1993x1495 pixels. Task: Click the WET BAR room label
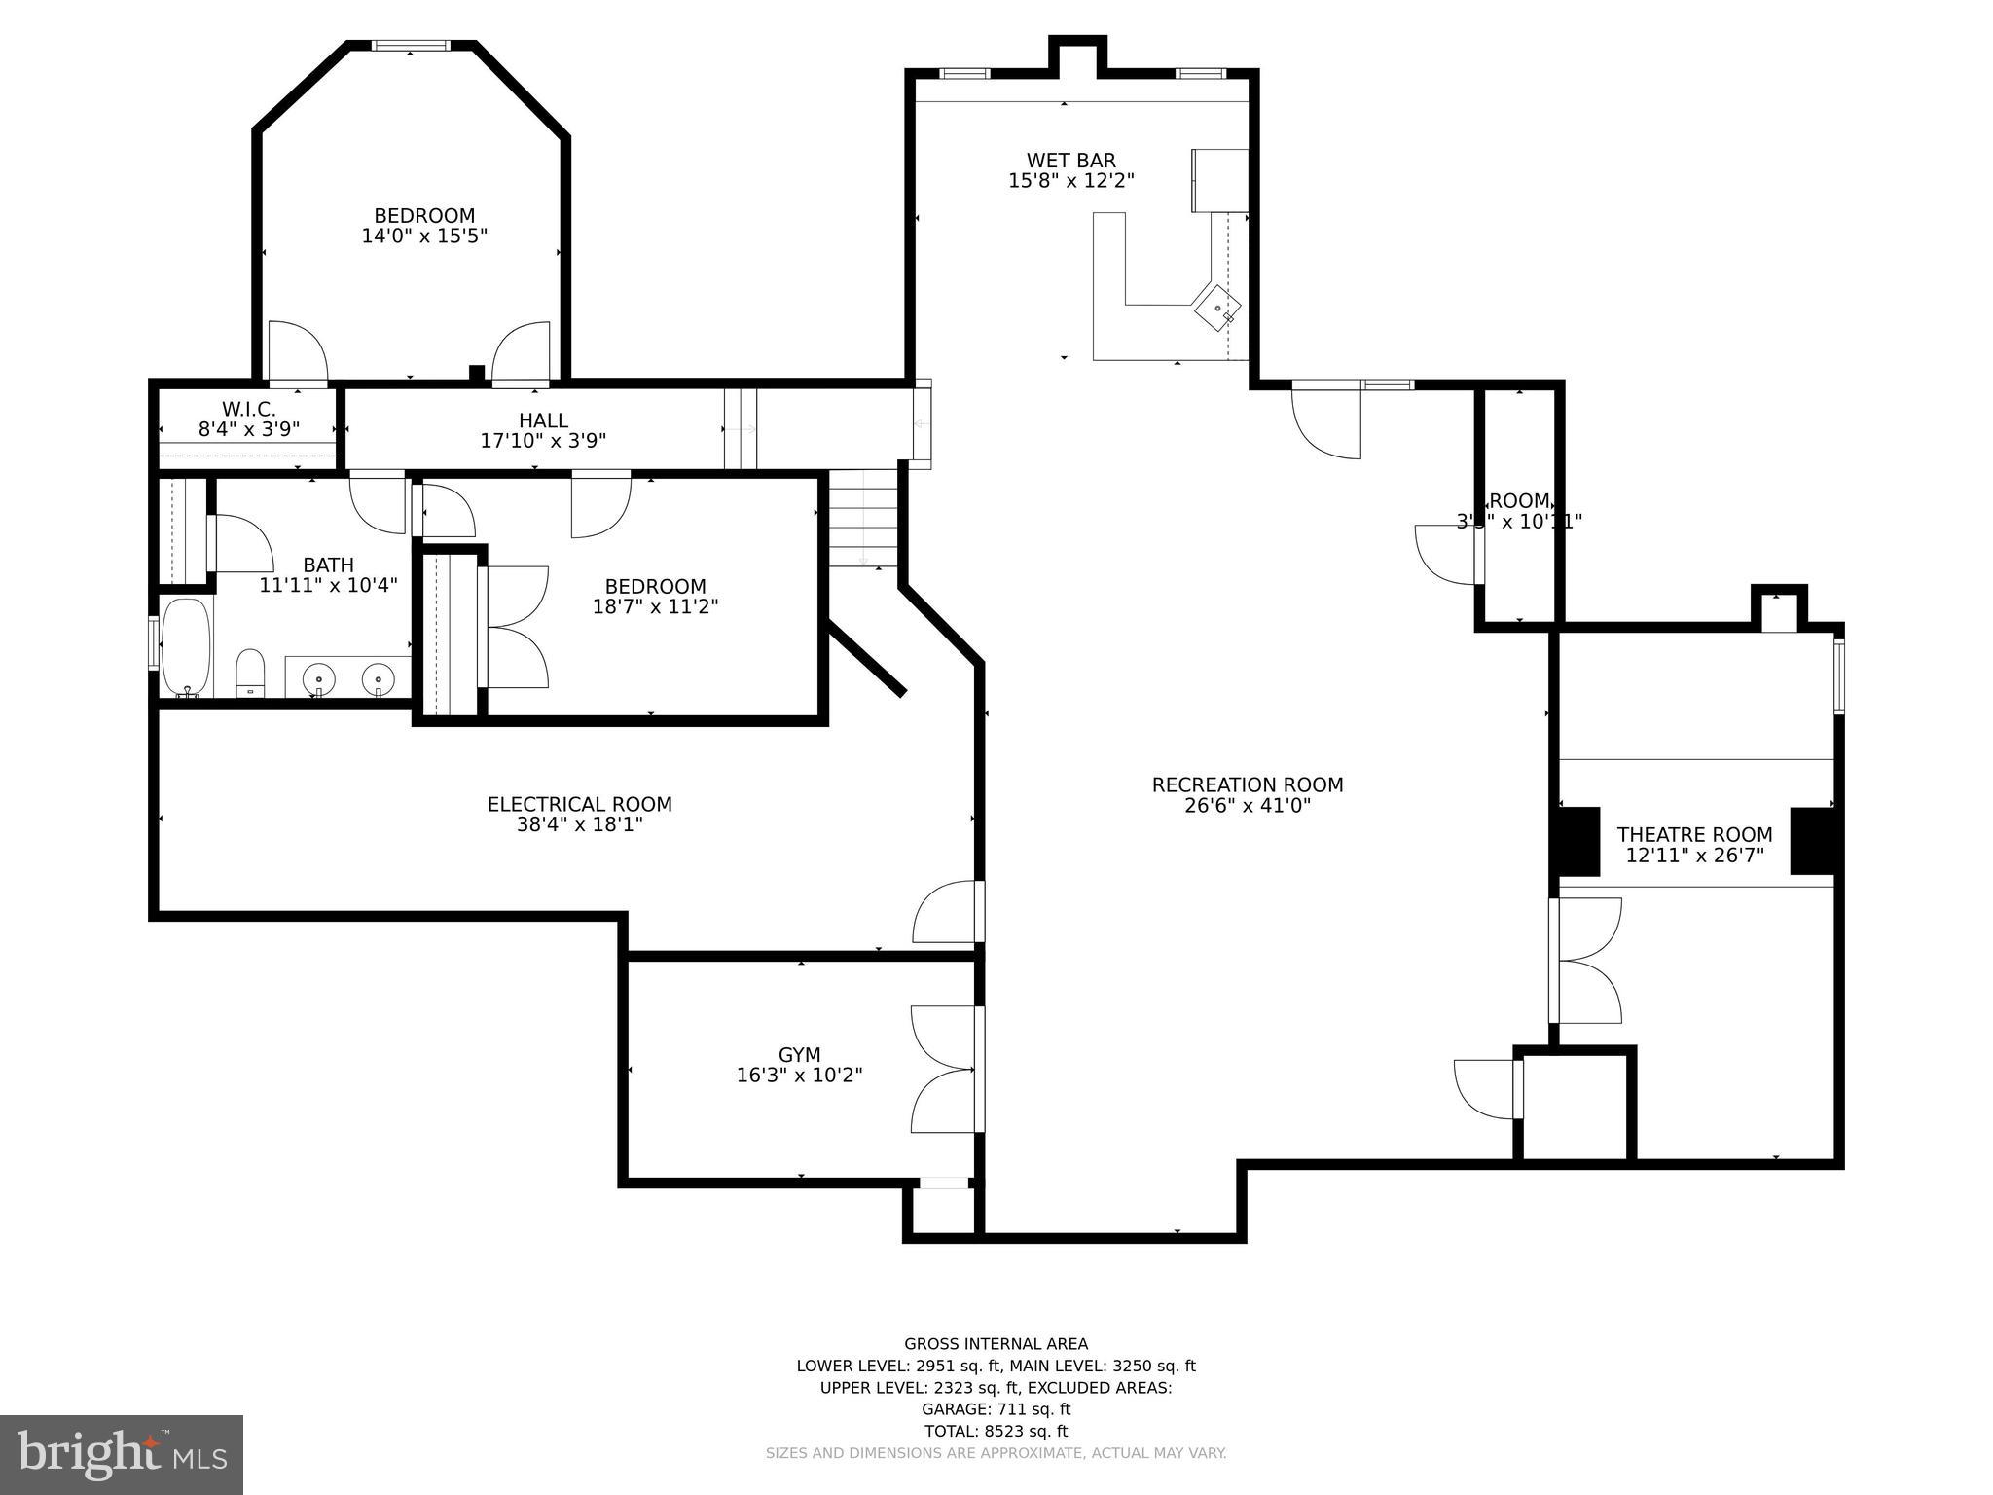[x=1070, y=161]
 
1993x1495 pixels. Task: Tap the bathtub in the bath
[x=185, y=646]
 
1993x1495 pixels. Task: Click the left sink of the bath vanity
[x=318, y=678]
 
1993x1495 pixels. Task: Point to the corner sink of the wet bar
[x=1217, y=309]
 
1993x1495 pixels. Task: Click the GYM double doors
[x=943, y=1069]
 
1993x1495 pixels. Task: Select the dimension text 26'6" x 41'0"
[x=1248, y=806]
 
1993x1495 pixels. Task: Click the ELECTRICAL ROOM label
[x=579, y=804]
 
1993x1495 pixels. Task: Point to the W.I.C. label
[x=249, y=409]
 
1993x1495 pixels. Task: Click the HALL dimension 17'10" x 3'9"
[x=543, y=441]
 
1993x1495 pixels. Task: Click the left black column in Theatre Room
[x=1576, y=841]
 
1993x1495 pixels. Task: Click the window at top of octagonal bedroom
[x=411, y=45]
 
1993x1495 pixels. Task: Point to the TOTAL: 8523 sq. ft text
[x=996, y=1431]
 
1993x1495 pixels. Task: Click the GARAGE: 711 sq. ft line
[x=996, y=1408]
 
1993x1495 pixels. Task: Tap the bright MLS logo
[x=122, y=1454]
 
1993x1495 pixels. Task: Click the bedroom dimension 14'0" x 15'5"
[x=424, y=236]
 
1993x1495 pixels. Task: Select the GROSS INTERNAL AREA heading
[x=996, y=1344]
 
